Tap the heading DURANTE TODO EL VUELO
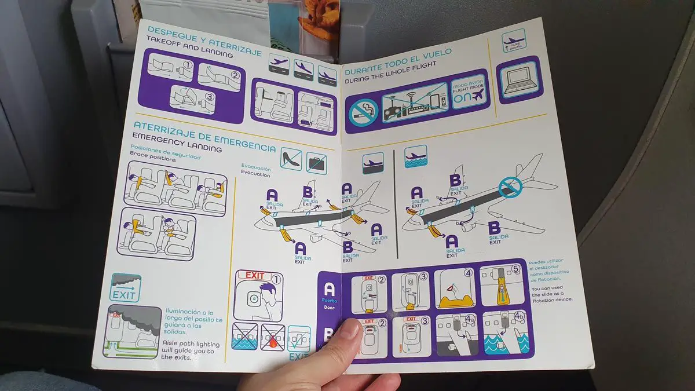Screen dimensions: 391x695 coord(398,64)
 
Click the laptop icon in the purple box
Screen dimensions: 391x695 coord(520,79)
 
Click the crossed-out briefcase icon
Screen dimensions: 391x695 coord(316,162)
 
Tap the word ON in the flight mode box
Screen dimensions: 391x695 coord(462,98)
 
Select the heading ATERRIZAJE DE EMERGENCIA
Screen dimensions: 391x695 coord(204,135)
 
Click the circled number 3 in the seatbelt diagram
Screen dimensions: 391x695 coord(209,97)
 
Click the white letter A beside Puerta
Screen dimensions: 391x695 coord(329,289)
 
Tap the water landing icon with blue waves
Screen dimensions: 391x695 coord(415,157)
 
